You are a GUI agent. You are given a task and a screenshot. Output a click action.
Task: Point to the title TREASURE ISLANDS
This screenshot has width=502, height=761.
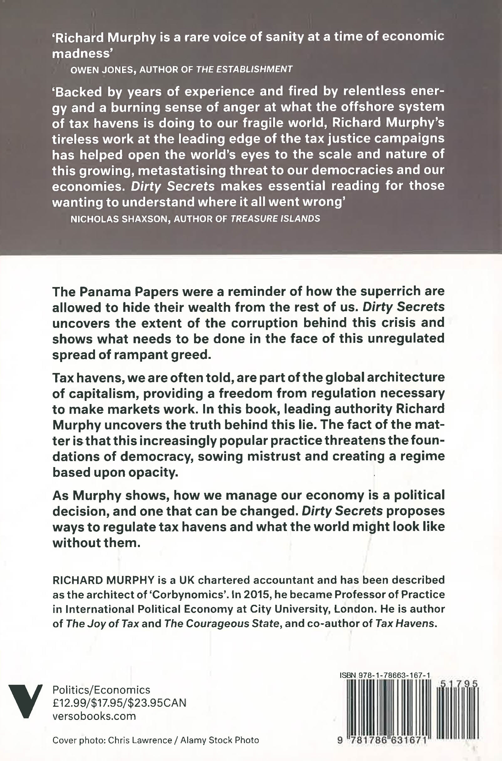point(275,219)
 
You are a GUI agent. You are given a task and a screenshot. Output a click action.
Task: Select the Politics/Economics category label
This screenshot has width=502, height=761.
point(101,689)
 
